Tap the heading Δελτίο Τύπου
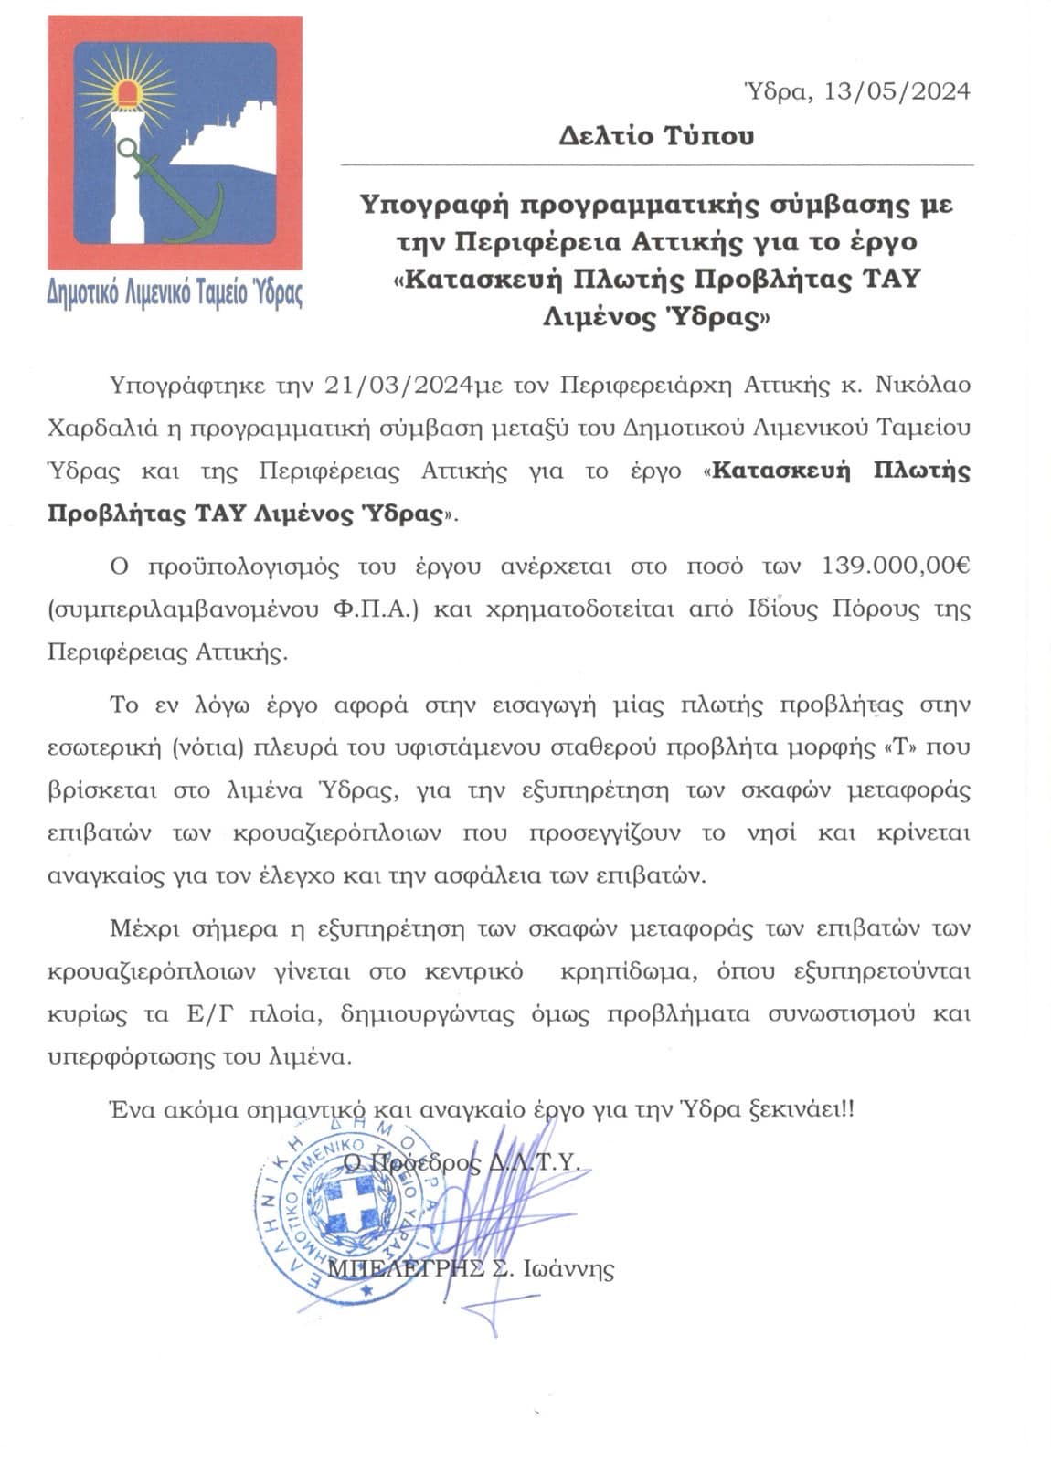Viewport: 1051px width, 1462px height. coord(657,137)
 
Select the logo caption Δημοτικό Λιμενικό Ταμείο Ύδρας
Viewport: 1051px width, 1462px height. coord(175,292)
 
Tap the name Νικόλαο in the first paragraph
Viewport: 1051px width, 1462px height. coord(923,385)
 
